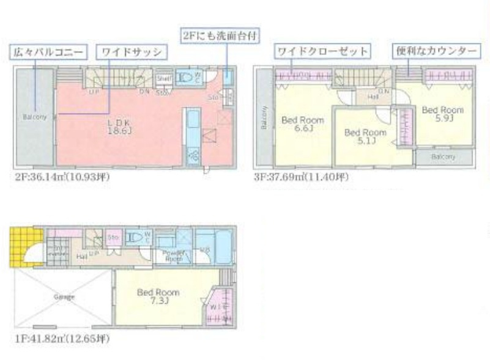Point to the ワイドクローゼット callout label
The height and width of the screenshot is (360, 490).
pos(322,51)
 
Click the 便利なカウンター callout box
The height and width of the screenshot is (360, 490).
pos(436,51)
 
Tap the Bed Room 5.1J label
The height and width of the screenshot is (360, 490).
pos(365,136)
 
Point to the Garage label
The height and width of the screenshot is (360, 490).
pos(63,297)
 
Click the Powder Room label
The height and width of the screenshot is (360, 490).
pos(174,255)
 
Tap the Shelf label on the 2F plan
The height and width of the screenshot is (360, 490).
pos(163,78)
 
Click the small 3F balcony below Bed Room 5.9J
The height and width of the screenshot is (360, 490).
pos(444,157)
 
